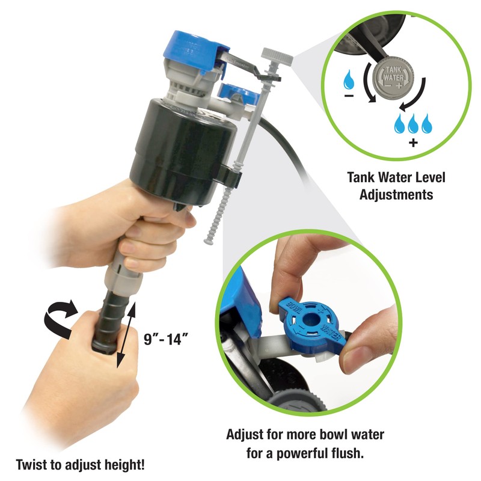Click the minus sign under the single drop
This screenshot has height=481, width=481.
pyautogui.click(x=348, y=96)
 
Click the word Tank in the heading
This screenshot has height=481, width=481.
pyautogui.click(x=360, y=178)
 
